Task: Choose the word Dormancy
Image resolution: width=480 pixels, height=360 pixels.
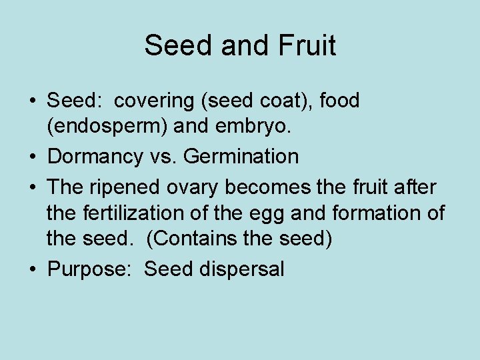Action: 93,157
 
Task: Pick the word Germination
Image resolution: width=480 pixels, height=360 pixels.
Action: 241,157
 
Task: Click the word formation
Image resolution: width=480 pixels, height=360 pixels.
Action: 375,213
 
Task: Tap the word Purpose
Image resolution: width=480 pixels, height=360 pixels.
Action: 89,270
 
